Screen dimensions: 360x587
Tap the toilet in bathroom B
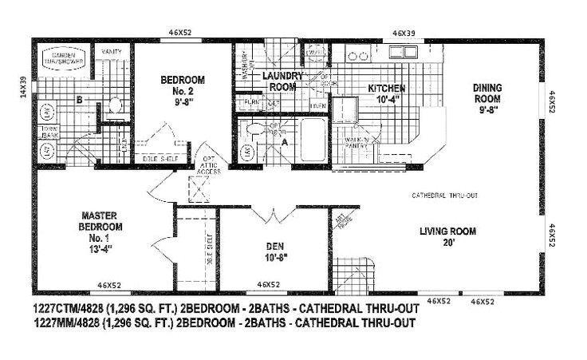pyautogui.click(x=113, y=105)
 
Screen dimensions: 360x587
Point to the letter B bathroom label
pyautogui.click(x=79, y=100)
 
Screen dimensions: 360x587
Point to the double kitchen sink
pyautogui.click(x=357, y=57)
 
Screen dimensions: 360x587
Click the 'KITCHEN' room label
pyautogui.click(x=386, y=93)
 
